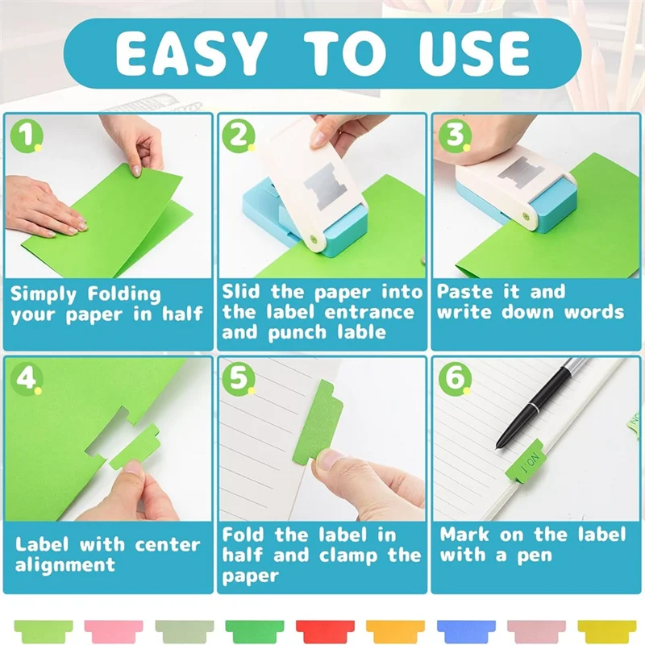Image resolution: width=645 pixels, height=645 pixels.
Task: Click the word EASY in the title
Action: (190, 53)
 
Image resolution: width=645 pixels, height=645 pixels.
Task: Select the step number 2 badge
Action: (239, 136)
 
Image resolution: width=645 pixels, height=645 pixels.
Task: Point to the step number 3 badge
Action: (452, 136)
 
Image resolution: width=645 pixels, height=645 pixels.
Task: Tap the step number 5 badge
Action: (239, 377)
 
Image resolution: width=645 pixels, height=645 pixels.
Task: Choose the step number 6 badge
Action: (452, 377)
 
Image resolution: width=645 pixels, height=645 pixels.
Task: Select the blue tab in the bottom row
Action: (463, 627)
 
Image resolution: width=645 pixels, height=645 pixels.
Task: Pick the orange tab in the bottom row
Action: (393, 627)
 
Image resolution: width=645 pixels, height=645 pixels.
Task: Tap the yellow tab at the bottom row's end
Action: (603, 627)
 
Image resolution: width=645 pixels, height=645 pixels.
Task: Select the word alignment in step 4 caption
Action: (64, 564)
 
